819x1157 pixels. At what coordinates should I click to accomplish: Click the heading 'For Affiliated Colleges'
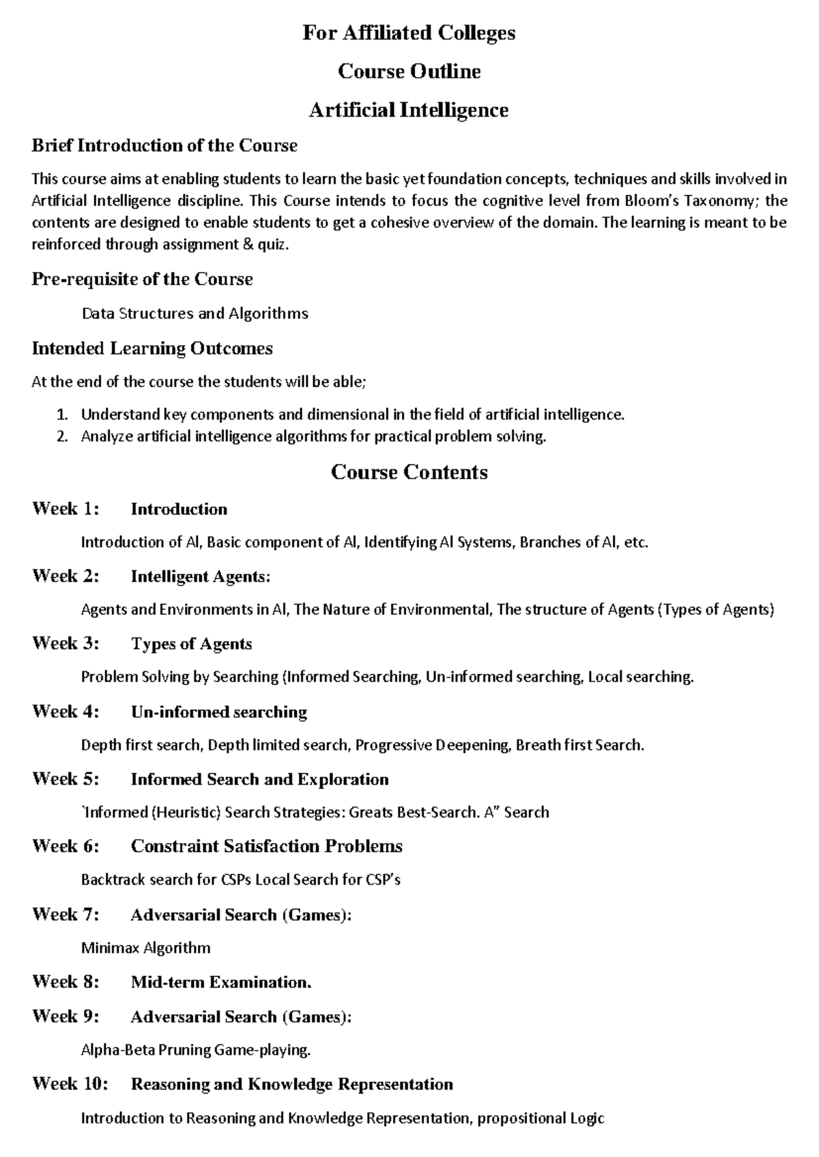(x=409, y=33)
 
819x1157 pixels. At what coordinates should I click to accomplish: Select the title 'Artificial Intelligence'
(x=409, y=110)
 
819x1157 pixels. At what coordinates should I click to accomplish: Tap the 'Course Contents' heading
(x=409, y=472)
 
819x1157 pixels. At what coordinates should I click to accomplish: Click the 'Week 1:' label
(x=66, y=509)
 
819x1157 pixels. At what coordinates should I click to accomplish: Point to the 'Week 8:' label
(x=66, y=982)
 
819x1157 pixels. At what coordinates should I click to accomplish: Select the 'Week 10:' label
(x=70, y=1084)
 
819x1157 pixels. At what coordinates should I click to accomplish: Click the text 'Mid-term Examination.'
(x=221, y=982)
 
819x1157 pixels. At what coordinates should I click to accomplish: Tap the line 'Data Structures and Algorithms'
(x=195, y=314)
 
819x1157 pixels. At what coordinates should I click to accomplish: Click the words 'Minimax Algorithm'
(x=145, y=948)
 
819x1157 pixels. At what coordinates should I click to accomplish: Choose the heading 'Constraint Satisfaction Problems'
(x=266, y=847)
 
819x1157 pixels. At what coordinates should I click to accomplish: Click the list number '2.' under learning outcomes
(x=62, y=437)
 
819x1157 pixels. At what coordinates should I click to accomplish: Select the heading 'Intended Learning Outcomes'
(x=152, y=349)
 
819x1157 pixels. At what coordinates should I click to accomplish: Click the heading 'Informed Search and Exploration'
(x=259, y=780)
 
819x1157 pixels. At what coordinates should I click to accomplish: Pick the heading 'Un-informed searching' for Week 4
(x=218, y=712)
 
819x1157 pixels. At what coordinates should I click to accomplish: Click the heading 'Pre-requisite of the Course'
(x=142, y=279)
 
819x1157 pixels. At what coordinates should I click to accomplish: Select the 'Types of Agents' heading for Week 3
(x=191, y=644)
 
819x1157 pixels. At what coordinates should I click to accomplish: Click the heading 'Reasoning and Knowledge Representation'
(x=291, y=1084)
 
